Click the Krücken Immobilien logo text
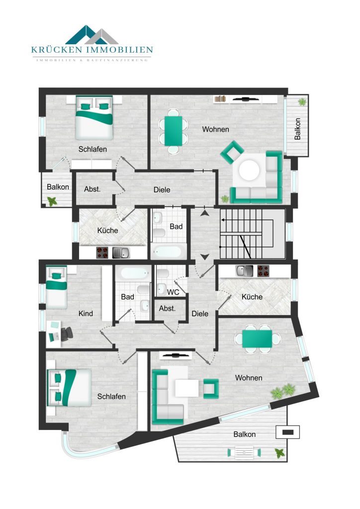click(92, 50)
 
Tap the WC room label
click(173, 292)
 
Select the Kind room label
click(86, 314)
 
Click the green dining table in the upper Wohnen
click(174, 131)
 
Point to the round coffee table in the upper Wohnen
click(249, 170)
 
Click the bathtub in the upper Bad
click(168, 252)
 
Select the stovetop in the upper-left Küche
click(102, 253)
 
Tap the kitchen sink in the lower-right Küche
click(244, 271)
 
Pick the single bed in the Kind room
click(57, 287)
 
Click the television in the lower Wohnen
click(176, 355)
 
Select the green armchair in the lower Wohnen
click(211, 389)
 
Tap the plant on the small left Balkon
click(52, 201)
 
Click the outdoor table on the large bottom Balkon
click(244, 451)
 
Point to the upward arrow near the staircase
click(204, 213)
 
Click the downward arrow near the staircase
click(204, 257)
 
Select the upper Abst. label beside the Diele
click(92, 189)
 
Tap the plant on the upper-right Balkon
click(302, 101)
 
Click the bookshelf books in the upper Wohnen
click(220, 98)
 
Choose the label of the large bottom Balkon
click(245, 434)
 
